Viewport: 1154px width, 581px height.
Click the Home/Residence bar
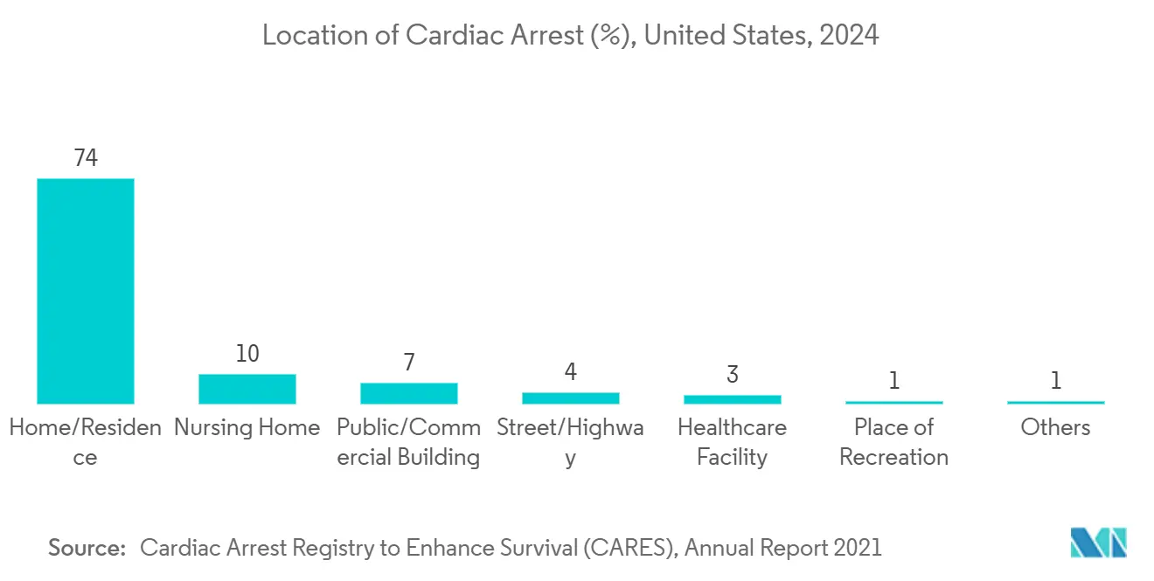coord(85,291)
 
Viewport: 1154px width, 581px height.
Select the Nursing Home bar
coord(247,389)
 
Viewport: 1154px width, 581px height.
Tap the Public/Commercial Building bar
coord(408,393)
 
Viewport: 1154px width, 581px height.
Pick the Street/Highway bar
coord(570,398)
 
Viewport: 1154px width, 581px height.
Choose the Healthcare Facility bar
coord(732,399)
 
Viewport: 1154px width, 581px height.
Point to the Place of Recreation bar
coord(893,402)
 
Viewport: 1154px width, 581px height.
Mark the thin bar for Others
coord(1055,402)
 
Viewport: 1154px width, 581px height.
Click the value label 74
coord(85,158)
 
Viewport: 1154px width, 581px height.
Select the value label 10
coord(247,354)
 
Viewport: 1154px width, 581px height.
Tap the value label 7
coord(408,363)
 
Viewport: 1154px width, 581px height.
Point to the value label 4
coord(570,372)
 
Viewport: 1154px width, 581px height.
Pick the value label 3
coord(732,375)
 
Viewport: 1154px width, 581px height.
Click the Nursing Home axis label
coord(247,427)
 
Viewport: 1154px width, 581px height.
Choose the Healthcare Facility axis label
coord(732,442)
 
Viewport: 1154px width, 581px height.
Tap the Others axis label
coord(1055,427)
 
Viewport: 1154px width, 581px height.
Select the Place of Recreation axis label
coord(893,442)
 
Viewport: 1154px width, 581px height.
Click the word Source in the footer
coord(87,548)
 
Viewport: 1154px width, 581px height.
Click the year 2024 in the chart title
coord(849,36)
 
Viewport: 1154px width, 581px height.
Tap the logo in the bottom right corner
coord(1099,543)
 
